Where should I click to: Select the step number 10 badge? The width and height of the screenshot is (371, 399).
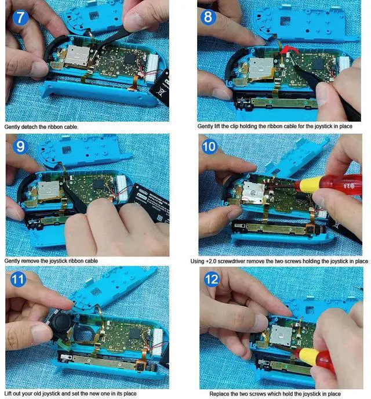[x=209, y=147]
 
